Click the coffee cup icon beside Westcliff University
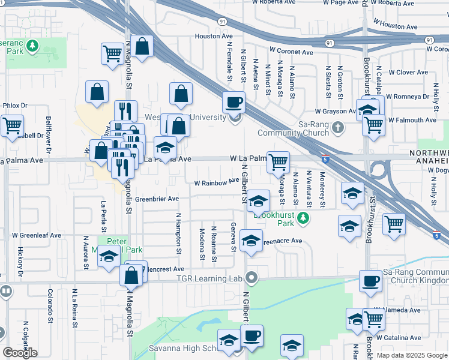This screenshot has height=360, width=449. point(234,102)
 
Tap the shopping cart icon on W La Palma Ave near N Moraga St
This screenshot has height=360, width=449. point(278,161)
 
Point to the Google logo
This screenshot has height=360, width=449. point(20,353)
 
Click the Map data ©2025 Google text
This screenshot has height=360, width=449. point(412,355)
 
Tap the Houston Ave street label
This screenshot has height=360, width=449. point(209,37)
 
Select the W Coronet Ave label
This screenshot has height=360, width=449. point(291,52)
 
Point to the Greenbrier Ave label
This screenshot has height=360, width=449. point(157,199)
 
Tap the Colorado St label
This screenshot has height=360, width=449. point(49,304)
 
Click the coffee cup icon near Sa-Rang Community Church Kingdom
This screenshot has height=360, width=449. point(370,281)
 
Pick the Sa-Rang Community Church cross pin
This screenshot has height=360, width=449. point(338,127)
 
